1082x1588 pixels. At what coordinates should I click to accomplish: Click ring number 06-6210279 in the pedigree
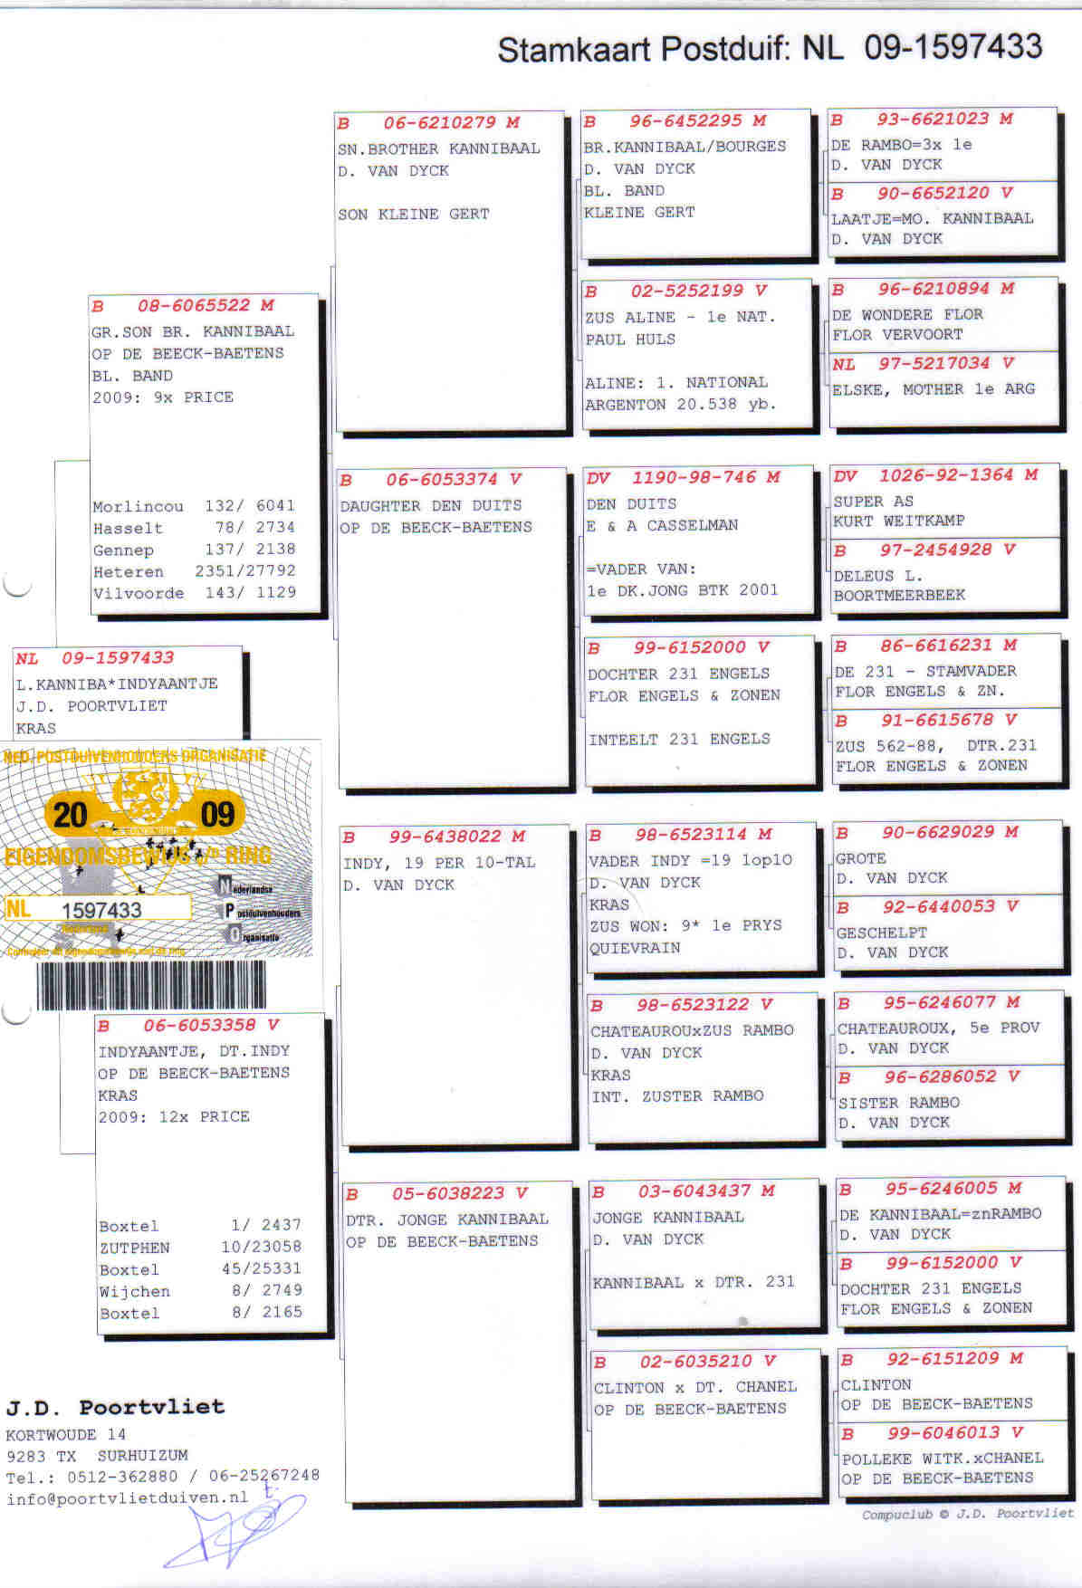coord(439,123)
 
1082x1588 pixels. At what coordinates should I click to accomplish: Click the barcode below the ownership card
coord(152,984)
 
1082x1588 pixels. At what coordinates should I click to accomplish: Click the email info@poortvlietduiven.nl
coord(127,1498)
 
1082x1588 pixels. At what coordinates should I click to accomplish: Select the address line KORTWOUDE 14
coord(66,1434)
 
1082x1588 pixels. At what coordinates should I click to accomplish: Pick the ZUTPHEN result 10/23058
coord(262,1247)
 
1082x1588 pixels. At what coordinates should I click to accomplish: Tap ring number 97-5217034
coord(934,364)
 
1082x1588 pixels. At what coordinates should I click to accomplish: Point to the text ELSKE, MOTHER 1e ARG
coord(933,389)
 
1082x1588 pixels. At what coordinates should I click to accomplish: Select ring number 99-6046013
coord(943,1433)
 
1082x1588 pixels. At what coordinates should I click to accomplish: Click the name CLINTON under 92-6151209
coord(876,1384)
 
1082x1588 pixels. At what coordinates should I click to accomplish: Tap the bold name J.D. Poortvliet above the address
coord(115,1407)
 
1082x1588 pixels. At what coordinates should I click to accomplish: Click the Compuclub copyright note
coord(967,1514)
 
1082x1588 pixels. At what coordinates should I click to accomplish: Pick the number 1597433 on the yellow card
coord(101,910)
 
